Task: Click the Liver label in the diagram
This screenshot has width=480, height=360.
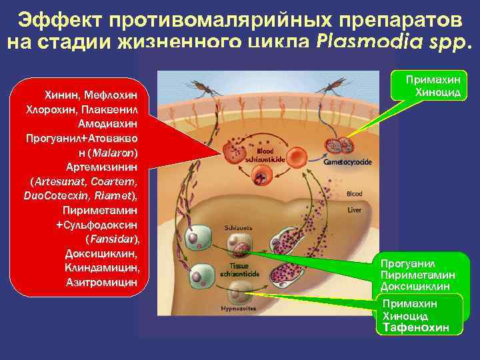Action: point(354,209)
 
